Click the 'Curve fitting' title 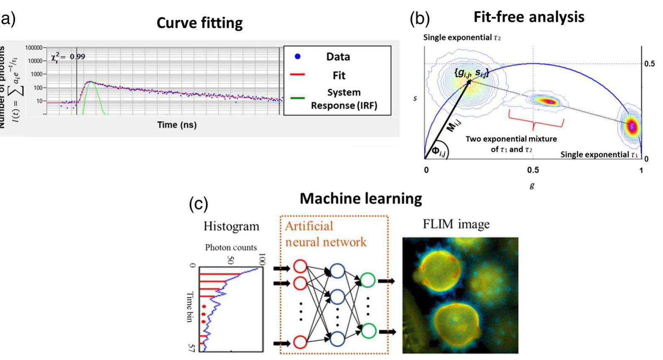pyautogui.click(x=199, y=23)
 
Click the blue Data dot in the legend pyautogui.click(x=297, y=56)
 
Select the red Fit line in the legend pyautogui.click(x=297, y=75)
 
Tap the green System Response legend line pyautogui.click(x=297, y=98)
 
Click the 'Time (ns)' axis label pyautogui.click(x=177, y=125)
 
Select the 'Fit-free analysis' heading pyautogui.click(x=529, y=17)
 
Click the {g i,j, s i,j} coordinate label pyautogui.click(x=471, y=72)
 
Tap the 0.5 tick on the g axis pyautogui.click(x=533, y=170)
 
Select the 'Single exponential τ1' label pyautogui.click(x=599, y=154)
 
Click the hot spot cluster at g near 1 pyautogui.click(x=632, y=126)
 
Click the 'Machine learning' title pyautogui.click(x=361, y=198)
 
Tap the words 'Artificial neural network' pyautogui.click(x=325, y=234)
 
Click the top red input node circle pyautogui.click(x=300, y=267)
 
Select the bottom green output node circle pyautogui.click(x=368, y=331)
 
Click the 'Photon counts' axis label pyautogui.click(x=231, y=247)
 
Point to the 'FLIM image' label pyautogui.click(x=456, y=224)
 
